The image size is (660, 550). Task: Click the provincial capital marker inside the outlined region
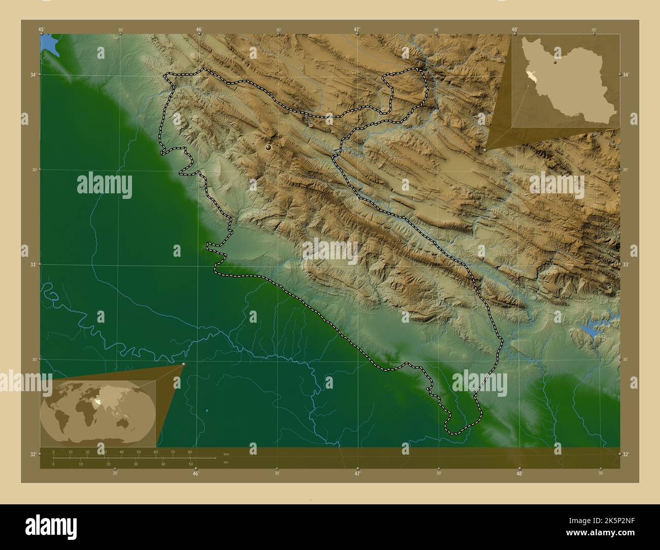268,147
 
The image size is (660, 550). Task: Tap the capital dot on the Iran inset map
555,63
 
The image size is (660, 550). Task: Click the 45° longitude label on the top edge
41,30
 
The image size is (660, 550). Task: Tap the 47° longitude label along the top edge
357,30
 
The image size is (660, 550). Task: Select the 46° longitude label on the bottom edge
195,473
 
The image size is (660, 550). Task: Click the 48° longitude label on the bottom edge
519,473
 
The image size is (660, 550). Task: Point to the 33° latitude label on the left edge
33,264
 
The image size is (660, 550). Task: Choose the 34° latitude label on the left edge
33,75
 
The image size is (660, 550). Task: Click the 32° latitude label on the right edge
626,454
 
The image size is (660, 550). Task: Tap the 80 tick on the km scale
190,452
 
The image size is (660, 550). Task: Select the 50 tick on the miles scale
190,464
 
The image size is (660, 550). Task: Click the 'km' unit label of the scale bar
226,454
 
